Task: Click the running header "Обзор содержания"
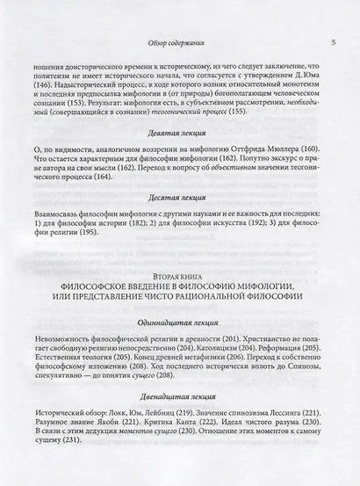[x=180, y=42]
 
